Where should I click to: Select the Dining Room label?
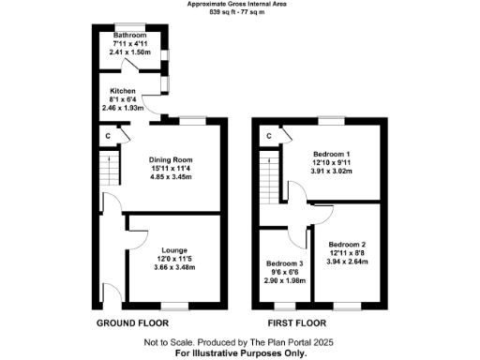(x=171, y=159)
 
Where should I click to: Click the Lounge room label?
(x=173, y=250)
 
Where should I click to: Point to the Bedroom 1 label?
(x=331, y=153)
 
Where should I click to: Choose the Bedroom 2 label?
(x=348, y=244)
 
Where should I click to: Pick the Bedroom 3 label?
(x=283, y=263)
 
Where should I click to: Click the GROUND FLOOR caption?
(x=133, y=323)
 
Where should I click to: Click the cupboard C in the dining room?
(x=110, y=136)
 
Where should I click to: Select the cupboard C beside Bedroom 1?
(x=268, y=136)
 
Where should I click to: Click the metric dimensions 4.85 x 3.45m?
(x=171, y=176)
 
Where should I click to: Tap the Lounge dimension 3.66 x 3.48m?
(x=173, y=267)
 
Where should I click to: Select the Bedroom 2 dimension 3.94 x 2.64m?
(x=348, y=261)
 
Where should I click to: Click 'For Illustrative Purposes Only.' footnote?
(x=239, y=353)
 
